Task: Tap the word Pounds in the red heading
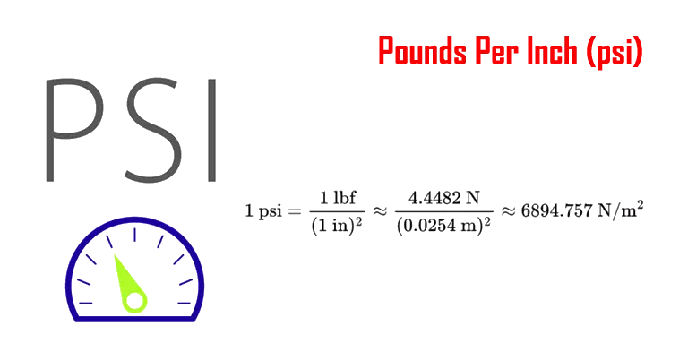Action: tap(421, 52)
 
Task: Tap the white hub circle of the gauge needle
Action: tap(134, 300)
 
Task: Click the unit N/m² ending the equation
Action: tap(623, 211)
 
